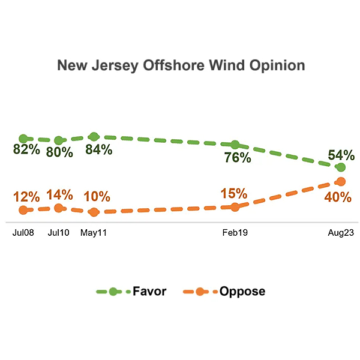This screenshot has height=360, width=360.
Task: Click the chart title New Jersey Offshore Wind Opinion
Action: coord(181,65)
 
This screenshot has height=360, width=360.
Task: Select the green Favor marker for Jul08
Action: coord(23,139)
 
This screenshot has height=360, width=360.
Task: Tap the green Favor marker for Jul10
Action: coord(58,141)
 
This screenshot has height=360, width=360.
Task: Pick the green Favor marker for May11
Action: coord(93,137)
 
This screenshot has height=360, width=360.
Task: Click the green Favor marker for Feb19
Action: coord(235,145)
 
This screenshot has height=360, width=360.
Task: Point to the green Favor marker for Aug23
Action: coord(341,167)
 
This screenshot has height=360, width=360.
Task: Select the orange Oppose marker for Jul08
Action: coord(23,210)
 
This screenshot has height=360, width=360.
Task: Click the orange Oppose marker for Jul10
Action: coord(58,208)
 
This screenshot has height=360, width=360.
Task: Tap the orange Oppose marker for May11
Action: coord(93,212)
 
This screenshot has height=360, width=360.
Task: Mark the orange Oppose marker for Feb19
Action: coord(235,206)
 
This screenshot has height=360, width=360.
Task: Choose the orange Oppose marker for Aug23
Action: coord(341,181)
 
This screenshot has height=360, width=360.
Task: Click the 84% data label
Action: coord(98,150)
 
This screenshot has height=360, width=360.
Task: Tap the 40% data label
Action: coord(338,197)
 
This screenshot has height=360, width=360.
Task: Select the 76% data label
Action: coord(238,158)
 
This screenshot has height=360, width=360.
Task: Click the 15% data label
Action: coord(233,193)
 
